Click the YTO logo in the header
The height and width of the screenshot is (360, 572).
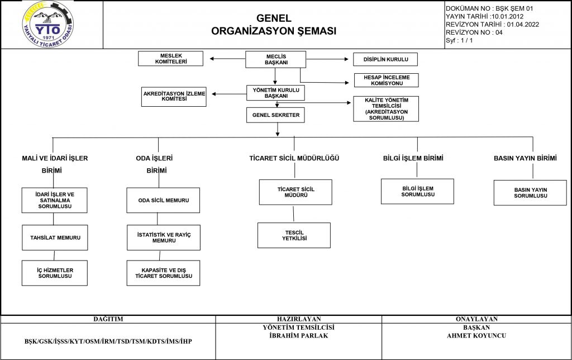tap(48, 25)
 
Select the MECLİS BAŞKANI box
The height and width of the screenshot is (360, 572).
tap(276, 59)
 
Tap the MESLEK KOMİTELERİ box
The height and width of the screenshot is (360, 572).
tap(171, 59)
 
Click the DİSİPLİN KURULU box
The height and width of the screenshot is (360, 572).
tap(385, 59)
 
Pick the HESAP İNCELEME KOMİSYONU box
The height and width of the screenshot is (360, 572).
tap(387, 80)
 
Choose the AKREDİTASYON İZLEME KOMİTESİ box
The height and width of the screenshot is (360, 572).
tap(174, 96)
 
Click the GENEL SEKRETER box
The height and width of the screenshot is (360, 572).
tap(275, 115)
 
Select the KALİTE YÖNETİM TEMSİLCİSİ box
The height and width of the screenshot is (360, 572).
tap(386, 109)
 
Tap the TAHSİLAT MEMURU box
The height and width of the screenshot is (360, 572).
tap(55, 238)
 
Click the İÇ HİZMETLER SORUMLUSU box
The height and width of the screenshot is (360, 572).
tap(55, 273)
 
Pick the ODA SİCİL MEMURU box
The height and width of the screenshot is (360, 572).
tap(163, 201)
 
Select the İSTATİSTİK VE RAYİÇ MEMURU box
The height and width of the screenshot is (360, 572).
tap(164, 238)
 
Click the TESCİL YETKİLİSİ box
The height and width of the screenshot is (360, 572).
tap(294, 235)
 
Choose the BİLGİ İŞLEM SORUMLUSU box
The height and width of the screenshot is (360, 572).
tap(418, 191)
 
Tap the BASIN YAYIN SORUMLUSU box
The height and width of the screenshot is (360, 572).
tap(531, 193)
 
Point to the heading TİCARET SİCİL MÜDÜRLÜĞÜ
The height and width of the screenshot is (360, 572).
tap(294, 158)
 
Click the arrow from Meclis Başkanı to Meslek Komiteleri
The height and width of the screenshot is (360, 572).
tap(228, 59)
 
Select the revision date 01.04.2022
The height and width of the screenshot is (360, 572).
tap(523, 25)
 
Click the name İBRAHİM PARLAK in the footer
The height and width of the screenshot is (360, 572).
tap(299, 335)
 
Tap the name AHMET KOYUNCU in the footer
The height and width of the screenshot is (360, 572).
tap(476, 335)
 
